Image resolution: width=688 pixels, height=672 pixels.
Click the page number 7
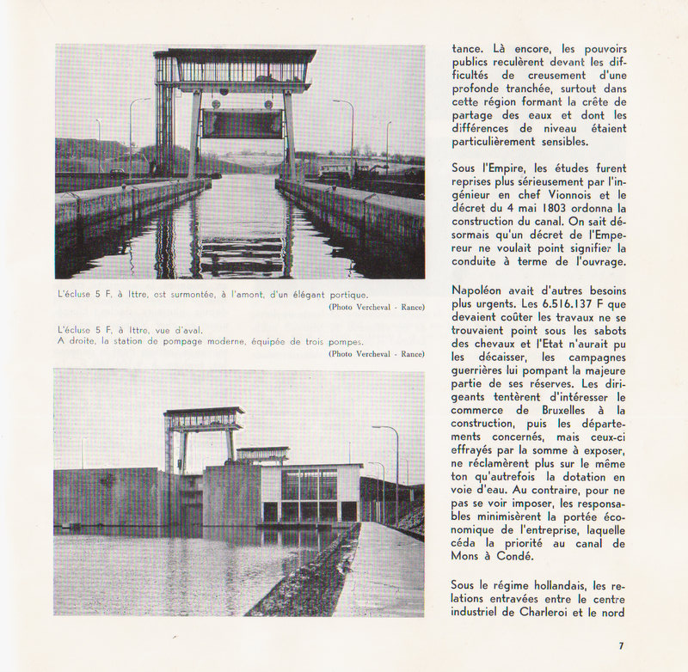click(x=621, y=645)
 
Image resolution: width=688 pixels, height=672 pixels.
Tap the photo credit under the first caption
click(x=376, y=307)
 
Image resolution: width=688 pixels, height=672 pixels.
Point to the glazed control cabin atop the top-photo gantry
click(x=235, y=70)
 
